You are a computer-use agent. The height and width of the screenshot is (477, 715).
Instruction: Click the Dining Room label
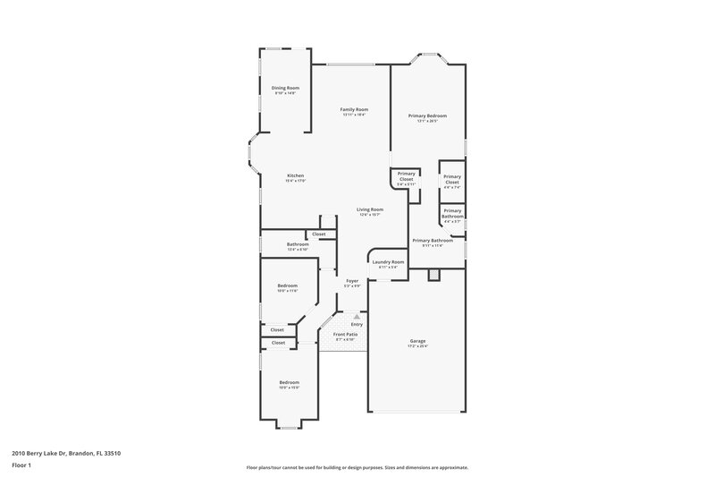284,88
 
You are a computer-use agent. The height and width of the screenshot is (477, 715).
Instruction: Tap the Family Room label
354,110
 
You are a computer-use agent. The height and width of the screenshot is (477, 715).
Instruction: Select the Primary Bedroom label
427,116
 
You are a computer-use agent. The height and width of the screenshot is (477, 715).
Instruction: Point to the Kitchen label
295,175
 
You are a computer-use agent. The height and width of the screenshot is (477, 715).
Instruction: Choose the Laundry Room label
389,262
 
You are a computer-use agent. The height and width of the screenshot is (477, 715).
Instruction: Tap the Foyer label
352,281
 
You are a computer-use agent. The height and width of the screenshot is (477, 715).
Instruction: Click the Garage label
417,341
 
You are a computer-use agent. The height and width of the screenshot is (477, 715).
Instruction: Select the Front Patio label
344,335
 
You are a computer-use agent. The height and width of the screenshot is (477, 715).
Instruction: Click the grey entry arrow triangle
356,316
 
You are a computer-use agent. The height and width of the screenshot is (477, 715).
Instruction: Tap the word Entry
357,324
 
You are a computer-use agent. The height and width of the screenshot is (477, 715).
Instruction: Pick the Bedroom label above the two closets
287,286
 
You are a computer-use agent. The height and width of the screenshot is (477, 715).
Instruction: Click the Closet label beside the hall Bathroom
319,234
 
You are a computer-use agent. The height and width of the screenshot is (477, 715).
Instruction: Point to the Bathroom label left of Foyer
298,245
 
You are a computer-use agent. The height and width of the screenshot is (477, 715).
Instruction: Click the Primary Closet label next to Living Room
406,176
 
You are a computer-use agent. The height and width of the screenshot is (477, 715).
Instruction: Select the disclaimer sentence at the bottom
357,467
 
